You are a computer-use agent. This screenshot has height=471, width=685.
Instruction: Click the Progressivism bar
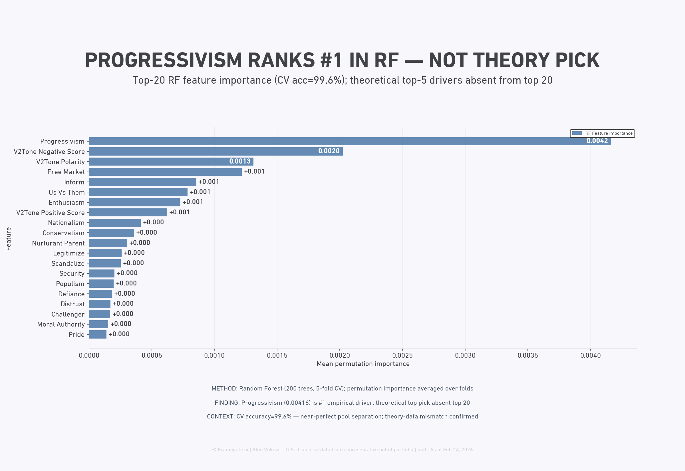[x=350, y=141]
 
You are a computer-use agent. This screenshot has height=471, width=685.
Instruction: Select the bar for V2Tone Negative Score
[x=216, y=151]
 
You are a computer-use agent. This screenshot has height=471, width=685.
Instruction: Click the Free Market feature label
[x=66, y=172]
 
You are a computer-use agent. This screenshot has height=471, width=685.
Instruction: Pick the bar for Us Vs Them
[x=138, y=192]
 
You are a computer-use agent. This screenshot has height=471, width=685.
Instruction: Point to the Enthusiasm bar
[x=134, y=202]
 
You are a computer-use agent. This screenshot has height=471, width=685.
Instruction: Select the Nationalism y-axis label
[x=66, y=223]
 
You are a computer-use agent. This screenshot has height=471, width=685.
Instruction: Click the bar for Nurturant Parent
[x=108, y=243]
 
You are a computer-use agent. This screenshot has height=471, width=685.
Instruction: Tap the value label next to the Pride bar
[x=119, y=334]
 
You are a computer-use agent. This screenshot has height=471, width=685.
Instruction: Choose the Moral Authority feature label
[x=61, y=324]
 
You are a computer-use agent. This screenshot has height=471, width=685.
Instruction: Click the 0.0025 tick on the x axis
[x=402, y=356]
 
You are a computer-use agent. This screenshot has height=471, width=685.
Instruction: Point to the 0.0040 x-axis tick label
[x=590, y=356]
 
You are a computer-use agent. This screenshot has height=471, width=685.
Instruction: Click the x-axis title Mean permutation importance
[x=363, y=364]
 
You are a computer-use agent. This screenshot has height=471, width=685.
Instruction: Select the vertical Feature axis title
[x=8, y=239]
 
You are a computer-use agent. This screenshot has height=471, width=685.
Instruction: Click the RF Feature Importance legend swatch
[x=577, y=133]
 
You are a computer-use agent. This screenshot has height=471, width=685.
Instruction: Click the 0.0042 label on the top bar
[x=597, y=141]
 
